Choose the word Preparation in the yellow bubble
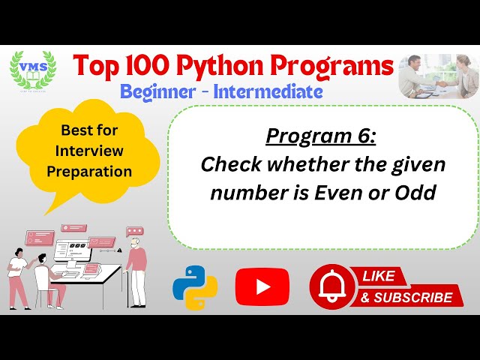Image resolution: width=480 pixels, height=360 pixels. coord(89,170)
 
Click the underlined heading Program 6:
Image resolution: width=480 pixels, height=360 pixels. coord(322,136)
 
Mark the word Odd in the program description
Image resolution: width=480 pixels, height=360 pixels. coord(418,193)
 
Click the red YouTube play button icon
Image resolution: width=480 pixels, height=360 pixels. coord(262,286)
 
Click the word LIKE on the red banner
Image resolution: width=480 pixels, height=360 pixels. coord(379,276)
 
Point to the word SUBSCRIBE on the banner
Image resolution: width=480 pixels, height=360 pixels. coord(417,298)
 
